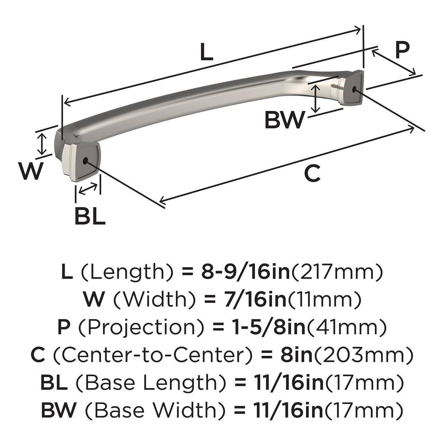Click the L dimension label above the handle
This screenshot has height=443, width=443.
(207, 53)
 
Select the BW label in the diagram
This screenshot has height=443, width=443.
(284, 120)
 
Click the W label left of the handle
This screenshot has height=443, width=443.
(32, 172)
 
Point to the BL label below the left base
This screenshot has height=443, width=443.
(90, 217)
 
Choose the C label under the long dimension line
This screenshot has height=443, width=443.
(312, 174)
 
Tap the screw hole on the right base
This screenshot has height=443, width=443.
(354, 89)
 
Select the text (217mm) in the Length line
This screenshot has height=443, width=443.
(337, 273)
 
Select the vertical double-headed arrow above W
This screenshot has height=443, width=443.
(42, 144)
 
